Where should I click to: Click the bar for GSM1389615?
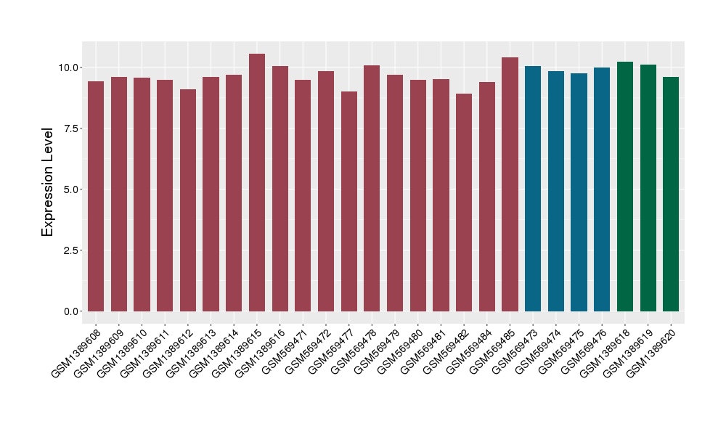[257, 182]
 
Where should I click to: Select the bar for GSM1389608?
[96, 196]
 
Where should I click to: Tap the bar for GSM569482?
[464, 203]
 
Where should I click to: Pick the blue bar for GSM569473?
[533, 189]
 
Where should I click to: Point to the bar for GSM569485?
[510, 184]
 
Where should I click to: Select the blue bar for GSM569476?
[602, 189]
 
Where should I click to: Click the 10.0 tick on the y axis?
[70, 68]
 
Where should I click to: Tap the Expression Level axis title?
[48, 182]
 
